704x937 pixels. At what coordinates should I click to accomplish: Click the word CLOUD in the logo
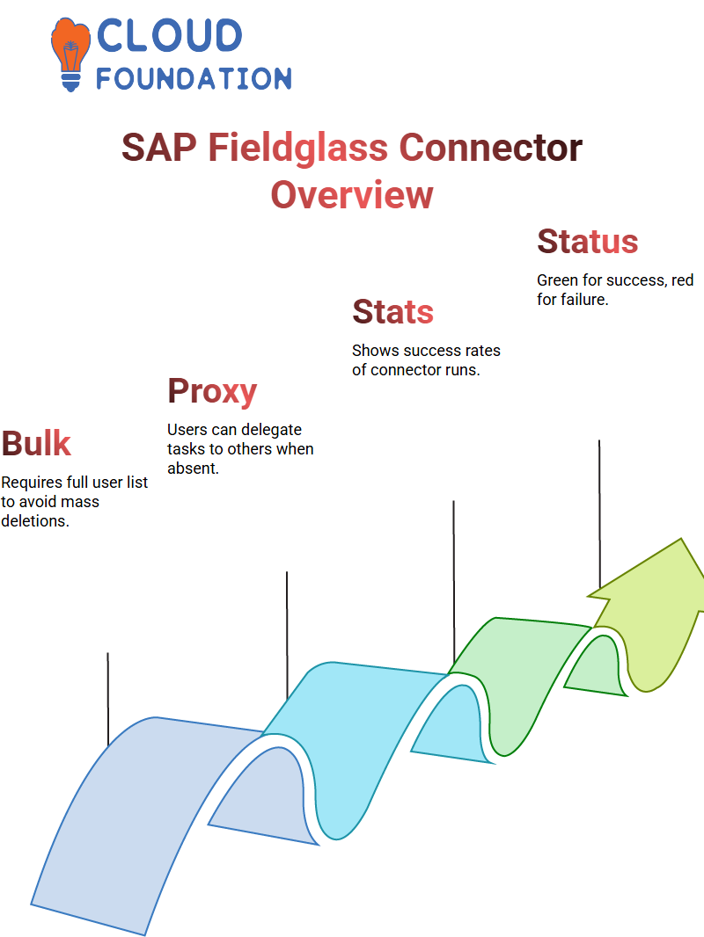(169, 35)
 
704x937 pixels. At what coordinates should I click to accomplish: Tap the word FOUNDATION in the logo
(194, 78)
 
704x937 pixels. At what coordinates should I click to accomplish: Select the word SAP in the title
(159, 148)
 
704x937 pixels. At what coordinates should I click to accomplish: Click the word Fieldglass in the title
(297, 149)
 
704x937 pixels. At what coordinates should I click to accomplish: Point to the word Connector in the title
(490, 148)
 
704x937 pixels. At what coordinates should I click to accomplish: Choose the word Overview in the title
(352, 195)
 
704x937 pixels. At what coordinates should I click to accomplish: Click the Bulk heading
(36, 443)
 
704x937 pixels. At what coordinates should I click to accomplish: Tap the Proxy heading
(212, 392)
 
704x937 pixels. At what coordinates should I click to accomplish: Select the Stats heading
(393, 312)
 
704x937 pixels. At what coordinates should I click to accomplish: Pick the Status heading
(587, 242)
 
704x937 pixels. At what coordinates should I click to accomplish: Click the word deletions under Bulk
(34, 521)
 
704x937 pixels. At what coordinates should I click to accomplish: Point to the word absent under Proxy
(193, 468)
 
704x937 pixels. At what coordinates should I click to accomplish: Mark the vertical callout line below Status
(599, 514)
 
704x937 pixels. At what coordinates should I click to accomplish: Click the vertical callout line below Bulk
(107, 699)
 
